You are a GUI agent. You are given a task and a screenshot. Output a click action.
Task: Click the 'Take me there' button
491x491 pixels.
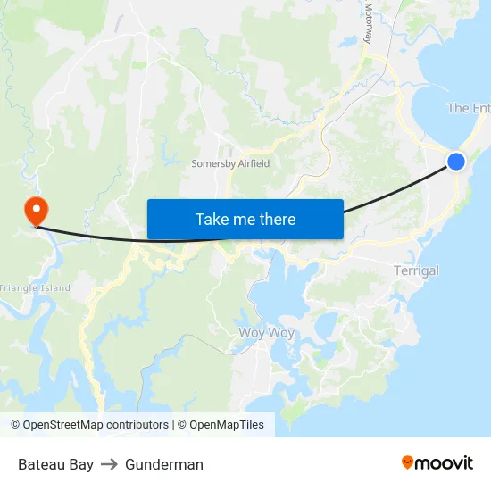(245, 219)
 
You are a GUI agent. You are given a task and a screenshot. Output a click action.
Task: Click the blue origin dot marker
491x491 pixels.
(455, 162)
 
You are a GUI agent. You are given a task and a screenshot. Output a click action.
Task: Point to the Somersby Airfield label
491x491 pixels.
(230, 164)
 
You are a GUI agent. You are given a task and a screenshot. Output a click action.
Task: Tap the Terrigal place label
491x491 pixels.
(416, 270)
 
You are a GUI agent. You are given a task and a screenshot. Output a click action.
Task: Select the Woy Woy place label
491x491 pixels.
(267, 333)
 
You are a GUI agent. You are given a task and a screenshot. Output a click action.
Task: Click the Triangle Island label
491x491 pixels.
(35, 288)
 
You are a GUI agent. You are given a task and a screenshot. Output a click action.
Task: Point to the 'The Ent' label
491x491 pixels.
(468, 108)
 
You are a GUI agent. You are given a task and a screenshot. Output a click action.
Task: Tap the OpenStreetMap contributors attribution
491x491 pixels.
(90, 425)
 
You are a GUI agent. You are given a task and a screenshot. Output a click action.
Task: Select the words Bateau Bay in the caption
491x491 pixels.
(55, 464)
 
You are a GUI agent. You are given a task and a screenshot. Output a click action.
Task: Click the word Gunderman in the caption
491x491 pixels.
(164, 464)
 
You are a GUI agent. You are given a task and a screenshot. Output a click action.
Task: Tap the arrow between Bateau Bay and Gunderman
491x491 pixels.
(109, 464)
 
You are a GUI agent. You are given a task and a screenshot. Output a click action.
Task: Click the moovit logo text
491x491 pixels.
(444, 463)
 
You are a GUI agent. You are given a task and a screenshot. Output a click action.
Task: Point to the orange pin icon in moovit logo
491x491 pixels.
(408, 462)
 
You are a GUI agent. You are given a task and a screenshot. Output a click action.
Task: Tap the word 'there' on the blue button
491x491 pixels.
(277, 219)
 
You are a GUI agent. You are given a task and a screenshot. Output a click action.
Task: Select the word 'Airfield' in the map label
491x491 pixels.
(253, 164)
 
